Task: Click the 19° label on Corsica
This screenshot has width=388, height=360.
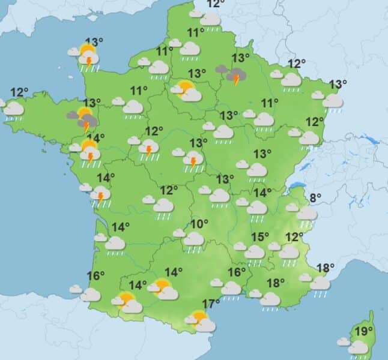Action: pyautogui.click(x=363, y=331)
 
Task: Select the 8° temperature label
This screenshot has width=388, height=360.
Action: pyautogui.click(x=315, y=197)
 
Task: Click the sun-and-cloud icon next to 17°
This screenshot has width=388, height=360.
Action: pyautogui.click(x=201, y=322)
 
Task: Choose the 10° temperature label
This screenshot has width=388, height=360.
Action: pyautogui.click(x=199, y=224)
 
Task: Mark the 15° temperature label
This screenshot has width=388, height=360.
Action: pyautogui.click(x=259, y=236)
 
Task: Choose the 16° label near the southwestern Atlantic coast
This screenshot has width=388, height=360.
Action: pyautogui.click(x=95, y=276)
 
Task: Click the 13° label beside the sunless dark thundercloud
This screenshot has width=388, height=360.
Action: pyautogui.click(x=241, y=58)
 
